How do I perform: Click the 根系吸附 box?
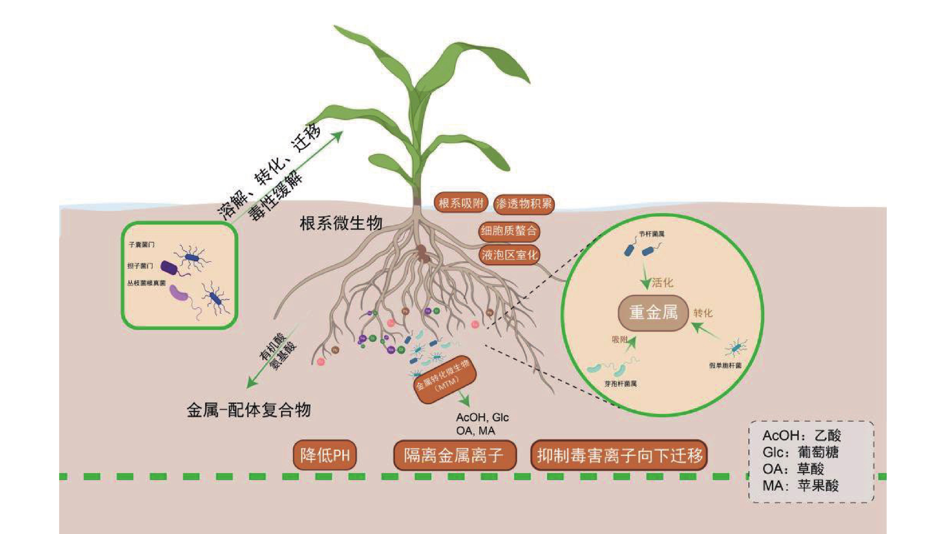point(460,203)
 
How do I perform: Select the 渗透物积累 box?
point(523,204)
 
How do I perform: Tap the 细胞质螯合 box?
point(509,231)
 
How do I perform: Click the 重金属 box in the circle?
point(653,313)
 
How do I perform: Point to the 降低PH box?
point(325,455)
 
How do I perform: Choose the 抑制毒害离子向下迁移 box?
point(619,455)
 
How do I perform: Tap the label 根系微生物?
point(341,223)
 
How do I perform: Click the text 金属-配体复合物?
point(249,410)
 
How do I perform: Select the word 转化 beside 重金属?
point(703,313)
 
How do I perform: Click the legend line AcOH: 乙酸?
point(801,435)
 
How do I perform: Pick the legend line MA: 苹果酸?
point(801,486)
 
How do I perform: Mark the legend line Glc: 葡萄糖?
point(801,452)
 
